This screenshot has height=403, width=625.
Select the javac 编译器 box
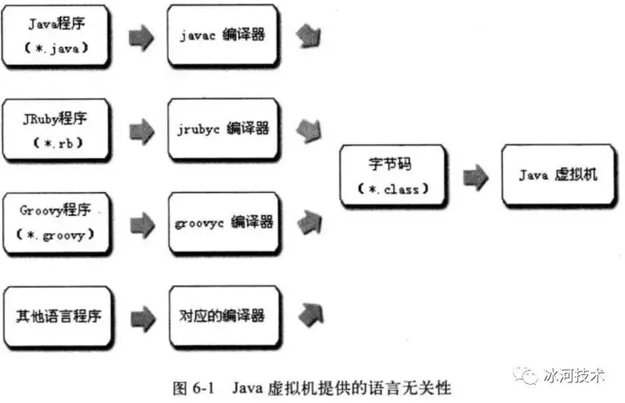(223, 36)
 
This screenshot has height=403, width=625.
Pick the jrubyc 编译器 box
(223, 129)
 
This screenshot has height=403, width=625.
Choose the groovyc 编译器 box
(223, 223)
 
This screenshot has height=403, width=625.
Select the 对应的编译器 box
(223, 317)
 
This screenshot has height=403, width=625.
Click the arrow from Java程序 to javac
(141, 38)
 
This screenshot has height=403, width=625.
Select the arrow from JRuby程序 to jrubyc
(141, 131)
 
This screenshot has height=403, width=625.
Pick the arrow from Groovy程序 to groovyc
(141, 225)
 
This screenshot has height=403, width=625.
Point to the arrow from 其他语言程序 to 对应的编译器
(141, 318)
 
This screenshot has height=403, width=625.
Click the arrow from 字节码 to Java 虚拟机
(476, 176)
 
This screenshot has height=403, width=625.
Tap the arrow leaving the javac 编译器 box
(308, 35)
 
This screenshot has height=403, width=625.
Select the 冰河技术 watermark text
(573, 375)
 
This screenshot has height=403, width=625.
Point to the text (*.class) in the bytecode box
(393, 189)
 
